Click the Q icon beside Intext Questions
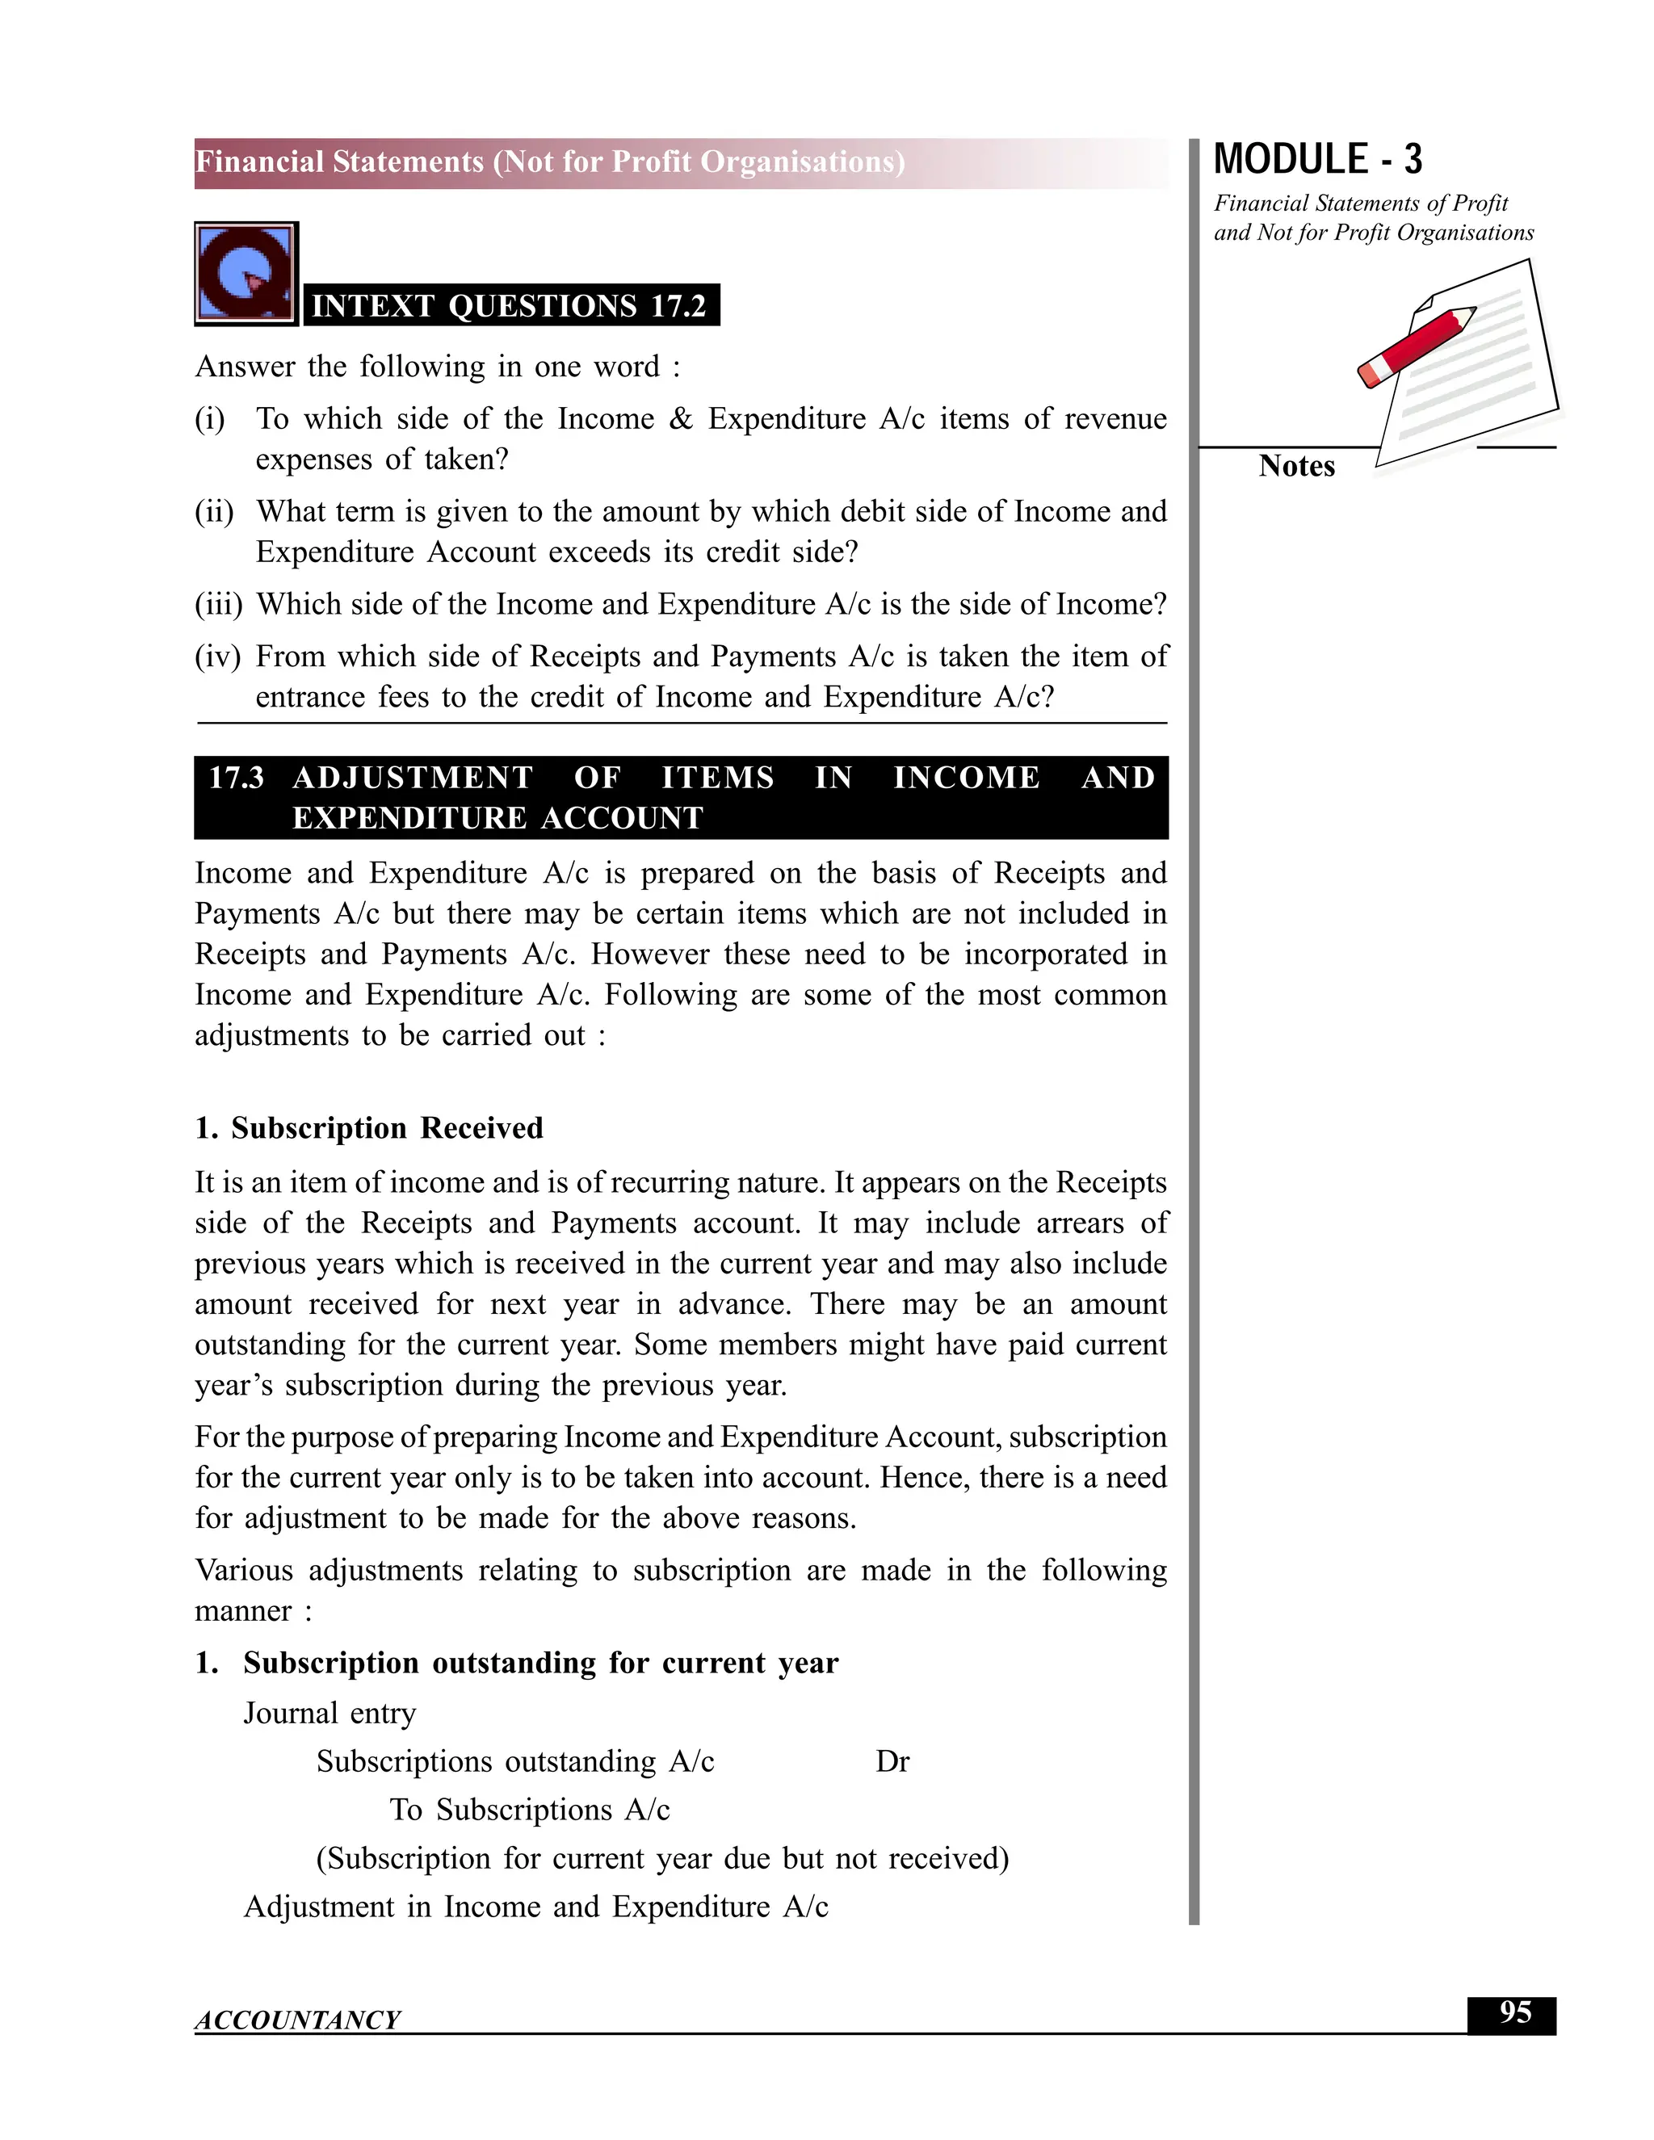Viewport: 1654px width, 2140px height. coord(246,274)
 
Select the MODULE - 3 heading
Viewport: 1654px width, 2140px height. coord(1317,160)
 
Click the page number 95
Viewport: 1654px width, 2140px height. coord(1514,2012)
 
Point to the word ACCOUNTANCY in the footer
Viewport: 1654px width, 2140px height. coord(297,2020)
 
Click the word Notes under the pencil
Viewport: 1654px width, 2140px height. coord(1296,467)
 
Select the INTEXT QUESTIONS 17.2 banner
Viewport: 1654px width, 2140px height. coord(510,306)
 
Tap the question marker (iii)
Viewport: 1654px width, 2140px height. coord(217,605)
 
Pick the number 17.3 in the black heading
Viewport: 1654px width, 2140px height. coord(236,778)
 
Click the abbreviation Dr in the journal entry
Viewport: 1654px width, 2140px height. coord(892,1762)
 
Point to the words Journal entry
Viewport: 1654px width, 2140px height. coord(330,1713)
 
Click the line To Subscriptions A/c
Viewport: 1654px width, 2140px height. coord(529,1810)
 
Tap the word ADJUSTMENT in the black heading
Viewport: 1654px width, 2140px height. coord(413,778)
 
